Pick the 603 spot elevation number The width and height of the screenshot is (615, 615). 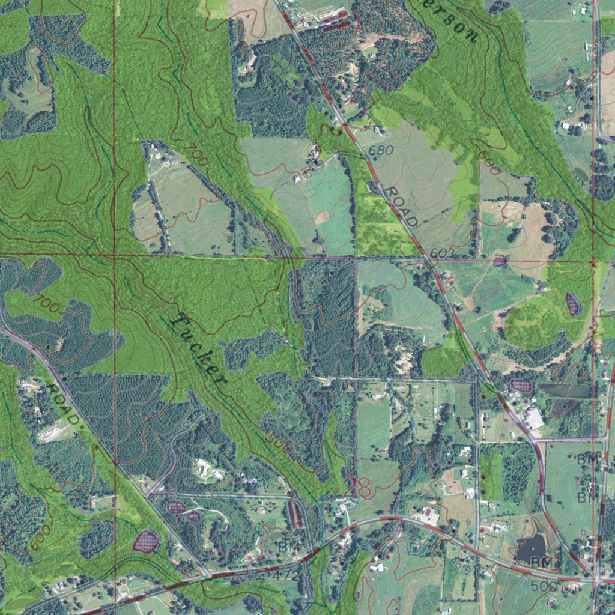coord(441,254)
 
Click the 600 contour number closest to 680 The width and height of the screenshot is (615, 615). coord(489,162)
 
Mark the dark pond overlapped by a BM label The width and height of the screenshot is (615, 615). coord(531,548)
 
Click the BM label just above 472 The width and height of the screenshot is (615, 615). coord(288,547)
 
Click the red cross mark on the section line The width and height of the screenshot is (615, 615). coord(592,262)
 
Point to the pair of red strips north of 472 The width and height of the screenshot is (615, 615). coord(295,514)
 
